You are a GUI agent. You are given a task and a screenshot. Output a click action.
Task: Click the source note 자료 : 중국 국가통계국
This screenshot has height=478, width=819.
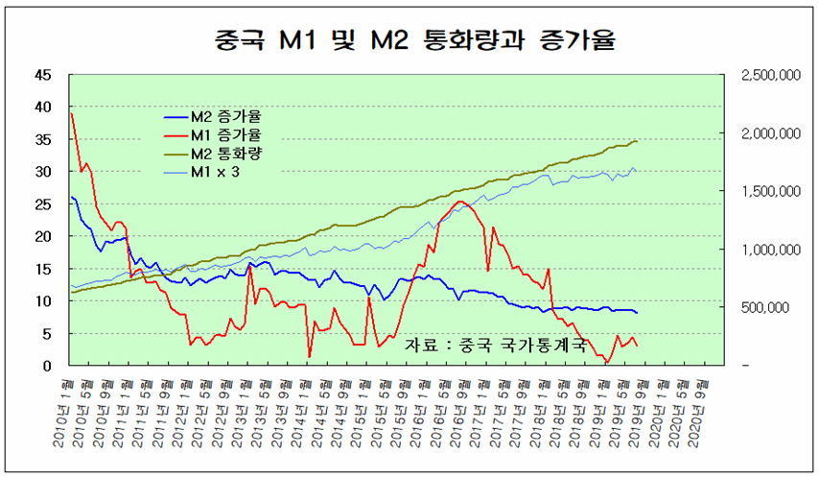pyautogui.click(x=494, y=344)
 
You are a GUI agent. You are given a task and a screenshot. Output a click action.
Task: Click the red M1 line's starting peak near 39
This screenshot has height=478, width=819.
pyautogui.click(x=71, y=113)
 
